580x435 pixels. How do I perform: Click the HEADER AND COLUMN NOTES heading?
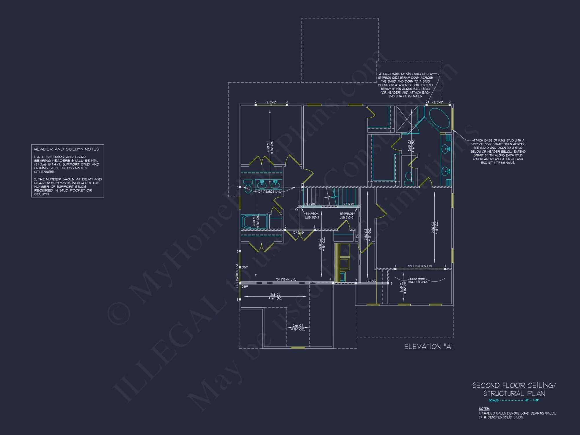(x=66, y=149)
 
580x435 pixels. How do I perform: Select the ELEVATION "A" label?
(x=428, y=347)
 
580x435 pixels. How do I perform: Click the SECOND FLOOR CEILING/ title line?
(x=514, y=385)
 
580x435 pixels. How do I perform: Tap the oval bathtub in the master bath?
(x=439, y=118)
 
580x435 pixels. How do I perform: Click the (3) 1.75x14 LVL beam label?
(x=286, y=280)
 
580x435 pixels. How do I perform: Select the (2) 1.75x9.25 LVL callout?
(x=269, y=192)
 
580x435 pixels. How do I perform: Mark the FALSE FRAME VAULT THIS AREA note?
(x=418, y=280)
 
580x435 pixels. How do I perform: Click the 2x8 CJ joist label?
(x=275, y=296)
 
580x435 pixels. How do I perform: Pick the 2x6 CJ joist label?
(x=298, y=327)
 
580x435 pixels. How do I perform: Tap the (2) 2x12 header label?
(x=371, y=281)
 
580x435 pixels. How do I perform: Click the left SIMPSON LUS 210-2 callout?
(x=312, y=215)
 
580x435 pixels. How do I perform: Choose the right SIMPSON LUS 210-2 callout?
(x=346, y=215)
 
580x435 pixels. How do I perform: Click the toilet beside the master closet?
(x=408, y=177)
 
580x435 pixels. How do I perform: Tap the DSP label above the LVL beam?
(x=245, y=267)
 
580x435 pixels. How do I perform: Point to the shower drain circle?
(x=407, y=119)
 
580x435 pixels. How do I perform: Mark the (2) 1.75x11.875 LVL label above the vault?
(x=420, y=266)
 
